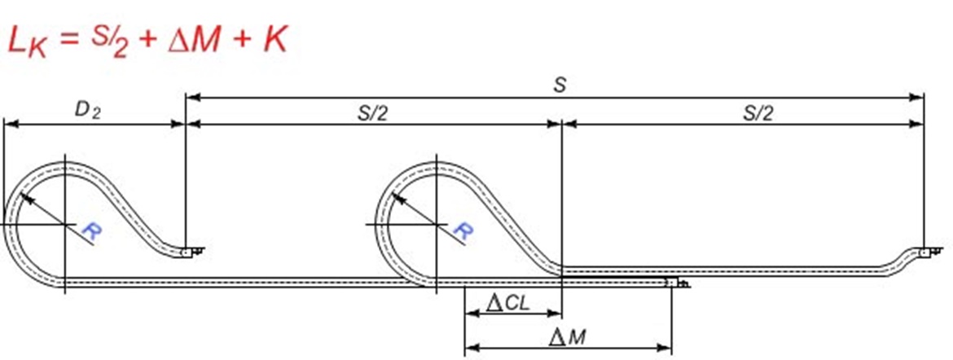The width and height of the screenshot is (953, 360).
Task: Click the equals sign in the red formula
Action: pos(70,42)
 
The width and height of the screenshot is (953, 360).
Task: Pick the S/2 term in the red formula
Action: pos(110,42)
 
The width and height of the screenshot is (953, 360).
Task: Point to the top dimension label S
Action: pos(559,86)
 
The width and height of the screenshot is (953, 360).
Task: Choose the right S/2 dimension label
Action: pos(758,114)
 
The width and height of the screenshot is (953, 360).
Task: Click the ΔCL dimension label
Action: pos(508,303)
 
